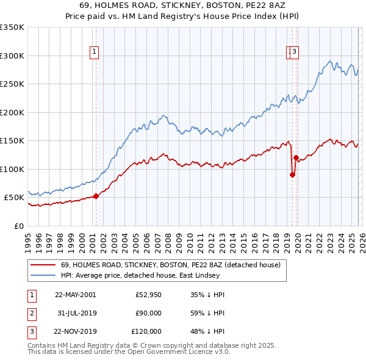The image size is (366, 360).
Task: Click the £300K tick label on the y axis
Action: pos(12,56)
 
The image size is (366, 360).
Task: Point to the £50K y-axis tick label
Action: pos(14,198)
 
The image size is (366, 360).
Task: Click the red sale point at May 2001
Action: pos(96,196)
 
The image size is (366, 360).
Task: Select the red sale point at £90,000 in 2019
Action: pos(292,175)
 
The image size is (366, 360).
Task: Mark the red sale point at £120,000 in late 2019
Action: pos(296,157)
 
